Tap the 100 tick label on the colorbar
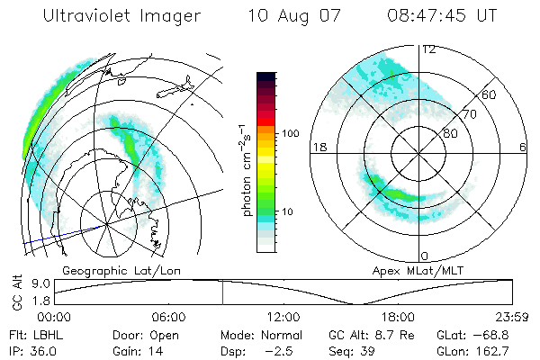(x=289, y=133)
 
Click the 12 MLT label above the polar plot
(x=429, y=49)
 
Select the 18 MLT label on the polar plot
(x=318, y=147)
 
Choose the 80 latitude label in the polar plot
(x=450, y=133)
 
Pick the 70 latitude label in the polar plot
(x=470, y=114)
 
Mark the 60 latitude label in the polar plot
(x=490, y=94)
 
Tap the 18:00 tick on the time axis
(x=398, y=317)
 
